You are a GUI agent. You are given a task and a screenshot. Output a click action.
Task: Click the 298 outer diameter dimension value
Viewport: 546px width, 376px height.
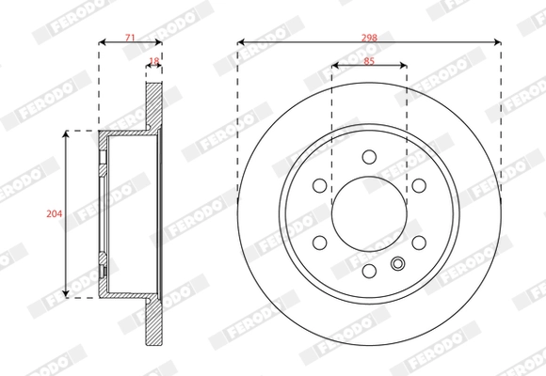coord(369,37)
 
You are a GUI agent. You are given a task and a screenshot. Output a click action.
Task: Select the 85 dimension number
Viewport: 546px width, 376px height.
coord(369,61)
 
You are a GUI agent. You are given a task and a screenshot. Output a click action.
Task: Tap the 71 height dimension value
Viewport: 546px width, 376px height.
coord(130,37)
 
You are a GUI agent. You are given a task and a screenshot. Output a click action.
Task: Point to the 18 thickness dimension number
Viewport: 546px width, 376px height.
coord(154,61)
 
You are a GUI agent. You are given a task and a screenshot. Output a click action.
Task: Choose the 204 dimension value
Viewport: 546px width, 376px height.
coord(54,214)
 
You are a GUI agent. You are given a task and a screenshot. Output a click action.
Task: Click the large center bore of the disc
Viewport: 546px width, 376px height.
coord(369,214)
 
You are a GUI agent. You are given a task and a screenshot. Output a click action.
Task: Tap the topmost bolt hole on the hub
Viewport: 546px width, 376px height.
coord(369,157)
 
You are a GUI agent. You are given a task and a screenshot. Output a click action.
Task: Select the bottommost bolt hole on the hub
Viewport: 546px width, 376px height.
coord(369,272)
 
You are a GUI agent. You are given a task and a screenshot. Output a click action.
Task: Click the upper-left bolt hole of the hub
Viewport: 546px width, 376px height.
coord(319,185)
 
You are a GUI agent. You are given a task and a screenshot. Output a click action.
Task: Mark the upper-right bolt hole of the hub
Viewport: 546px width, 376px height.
coord(419,185)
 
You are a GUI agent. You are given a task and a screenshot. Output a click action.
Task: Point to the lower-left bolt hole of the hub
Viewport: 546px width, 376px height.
coord(319,243)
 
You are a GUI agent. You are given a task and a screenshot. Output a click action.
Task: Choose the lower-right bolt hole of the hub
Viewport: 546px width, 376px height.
coord(419,243)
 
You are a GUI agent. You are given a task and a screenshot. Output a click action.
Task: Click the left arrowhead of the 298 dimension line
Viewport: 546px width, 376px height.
coord(241,42)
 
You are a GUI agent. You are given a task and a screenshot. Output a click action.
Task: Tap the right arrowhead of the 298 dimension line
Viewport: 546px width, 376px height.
coord(497,42)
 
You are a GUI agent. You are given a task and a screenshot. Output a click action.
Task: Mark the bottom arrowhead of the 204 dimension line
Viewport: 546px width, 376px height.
coord(66,294)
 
